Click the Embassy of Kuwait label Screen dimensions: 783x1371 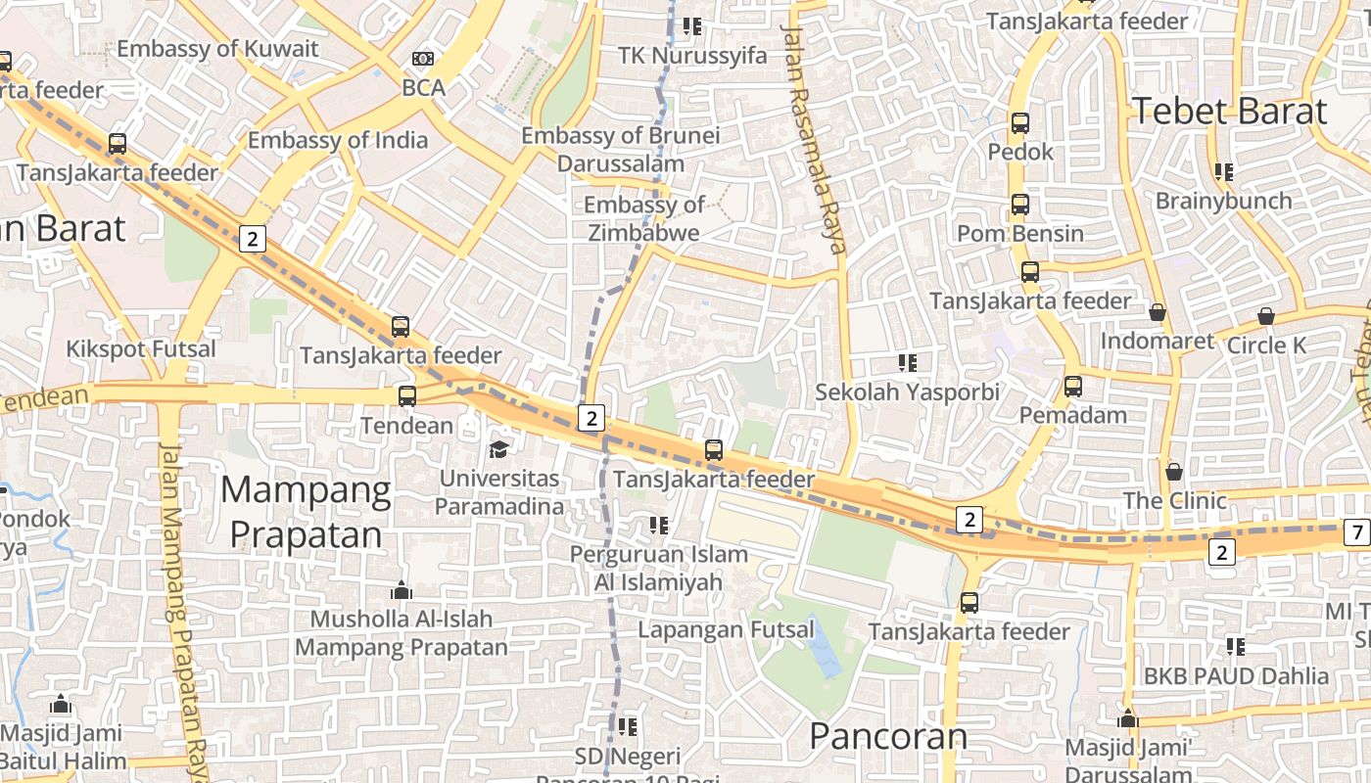coord(217,49)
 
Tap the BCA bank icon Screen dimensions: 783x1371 coord(423,60)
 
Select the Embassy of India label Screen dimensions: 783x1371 coord(337,140)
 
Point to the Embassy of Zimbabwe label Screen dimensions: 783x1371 coord(643,218)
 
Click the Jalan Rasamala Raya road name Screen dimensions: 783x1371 coord(812,137)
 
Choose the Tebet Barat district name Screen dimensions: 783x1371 coord(1229,111)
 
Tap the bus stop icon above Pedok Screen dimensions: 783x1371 coord(1020,123)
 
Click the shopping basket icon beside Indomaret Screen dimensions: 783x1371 coord(1158,312)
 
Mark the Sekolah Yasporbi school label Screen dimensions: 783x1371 coord(908,392)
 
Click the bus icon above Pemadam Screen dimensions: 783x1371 coord(1073,387)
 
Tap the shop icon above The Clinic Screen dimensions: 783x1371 coord(1174,472)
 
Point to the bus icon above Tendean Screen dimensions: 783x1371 coord(407,396)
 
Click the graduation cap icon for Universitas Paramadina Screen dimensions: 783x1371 coord(499,449)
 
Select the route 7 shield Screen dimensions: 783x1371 coord(1355,532)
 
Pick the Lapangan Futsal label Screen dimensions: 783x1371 coord(726,629)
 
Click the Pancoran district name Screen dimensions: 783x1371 coord(888,736)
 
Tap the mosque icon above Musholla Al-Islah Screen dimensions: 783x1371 coord(402,590)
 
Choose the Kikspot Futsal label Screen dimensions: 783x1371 coord(141,349)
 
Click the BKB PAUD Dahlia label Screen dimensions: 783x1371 coord(1236,675)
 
